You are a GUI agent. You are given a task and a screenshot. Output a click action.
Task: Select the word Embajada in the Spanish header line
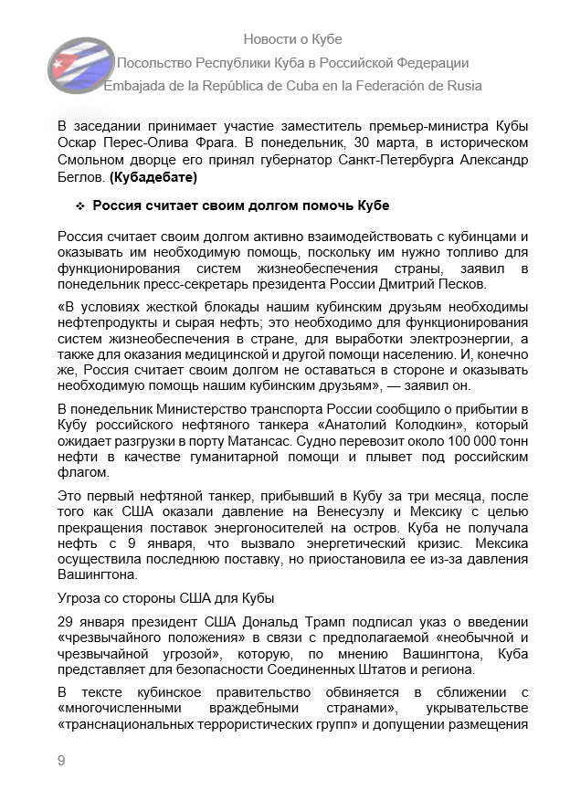click(136, 86)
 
